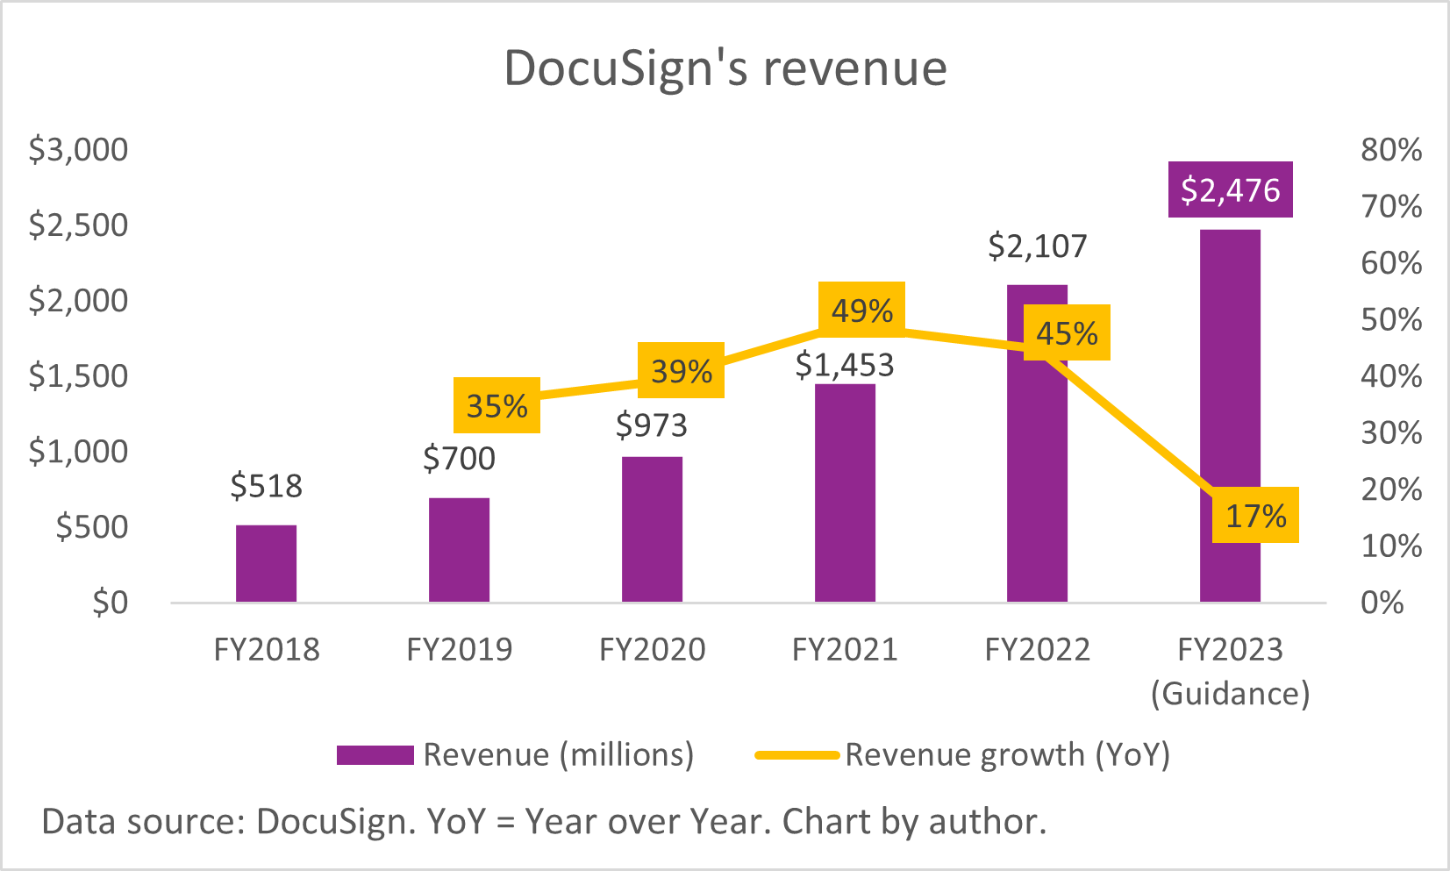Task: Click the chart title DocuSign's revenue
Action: point(725,68)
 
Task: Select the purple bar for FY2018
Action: point(266,563)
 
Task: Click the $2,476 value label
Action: point(1230,189)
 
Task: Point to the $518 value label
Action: point(266,485)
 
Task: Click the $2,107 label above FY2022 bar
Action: point(1037,246)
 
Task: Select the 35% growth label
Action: point(496,405)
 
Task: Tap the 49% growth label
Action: point(861,310)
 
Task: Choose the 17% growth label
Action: point(1255,515)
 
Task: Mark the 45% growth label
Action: point(1067,332)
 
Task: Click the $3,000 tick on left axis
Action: point(78,149)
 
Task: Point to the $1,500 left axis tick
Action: point(78,375)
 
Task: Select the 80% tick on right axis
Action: point(1391,149)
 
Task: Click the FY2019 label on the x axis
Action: point(459,649)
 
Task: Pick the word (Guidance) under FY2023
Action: point(1230,693)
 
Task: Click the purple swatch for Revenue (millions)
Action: point(375,755)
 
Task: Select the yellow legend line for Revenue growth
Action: point(796,755)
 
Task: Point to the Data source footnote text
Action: point(544,822)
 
